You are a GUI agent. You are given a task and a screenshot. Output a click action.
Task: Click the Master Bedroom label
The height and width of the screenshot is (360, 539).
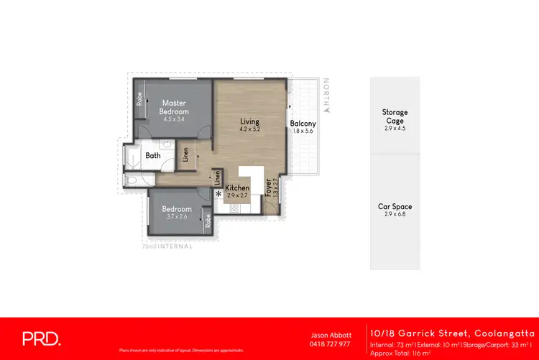pos(175,107)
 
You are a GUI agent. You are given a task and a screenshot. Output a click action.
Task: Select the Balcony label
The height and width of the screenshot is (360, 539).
pos(303,124)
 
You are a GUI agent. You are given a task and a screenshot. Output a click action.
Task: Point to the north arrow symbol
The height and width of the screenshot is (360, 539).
pos(326,110)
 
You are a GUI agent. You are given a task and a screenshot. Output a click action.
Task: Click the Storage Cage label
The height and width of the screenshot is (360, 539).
pos(395,116)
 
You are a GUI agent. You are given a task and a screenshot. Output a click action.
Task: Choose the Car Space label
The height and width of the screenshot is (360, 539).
pos(395,207)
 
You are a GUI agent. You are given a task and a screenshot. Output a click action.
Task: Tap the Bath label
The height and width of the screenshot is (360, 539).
pos(153,155)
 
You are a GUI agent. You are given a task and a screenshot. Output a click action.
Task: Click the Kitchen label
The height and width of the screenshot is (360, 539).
pos(237,188)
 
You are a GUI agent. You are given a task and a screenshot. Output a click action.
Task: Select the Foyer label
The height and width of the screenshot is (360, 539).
pos(267,188)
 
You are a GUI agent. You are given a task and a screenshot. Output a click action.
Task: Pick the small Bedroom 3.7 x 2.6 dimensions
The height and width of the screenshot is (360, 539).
pos(176,217)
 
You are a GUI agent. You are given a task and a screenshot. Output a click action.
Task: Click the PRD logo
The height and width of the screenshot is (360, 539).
pos(42,338)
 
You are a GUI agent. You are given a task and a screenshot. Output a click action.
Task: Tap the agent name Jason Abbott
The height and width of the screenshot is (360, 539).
pos(331,335)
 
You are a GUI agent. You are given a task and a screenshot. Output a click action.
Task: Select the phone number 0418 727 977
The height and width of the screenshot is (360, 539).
pos(331,343)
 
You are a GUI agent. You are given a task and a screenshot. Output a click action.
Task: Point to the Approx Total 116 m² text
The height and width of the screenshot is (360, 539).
pos(400,352)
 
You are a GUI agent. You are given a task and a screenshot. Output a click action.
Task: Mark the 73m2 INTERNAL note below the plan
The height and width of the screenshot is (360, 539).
pos(167,246)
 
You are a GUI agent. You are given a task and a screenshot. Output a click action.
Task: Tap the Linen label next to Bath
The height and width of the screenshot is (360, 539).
pos(185,155)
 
